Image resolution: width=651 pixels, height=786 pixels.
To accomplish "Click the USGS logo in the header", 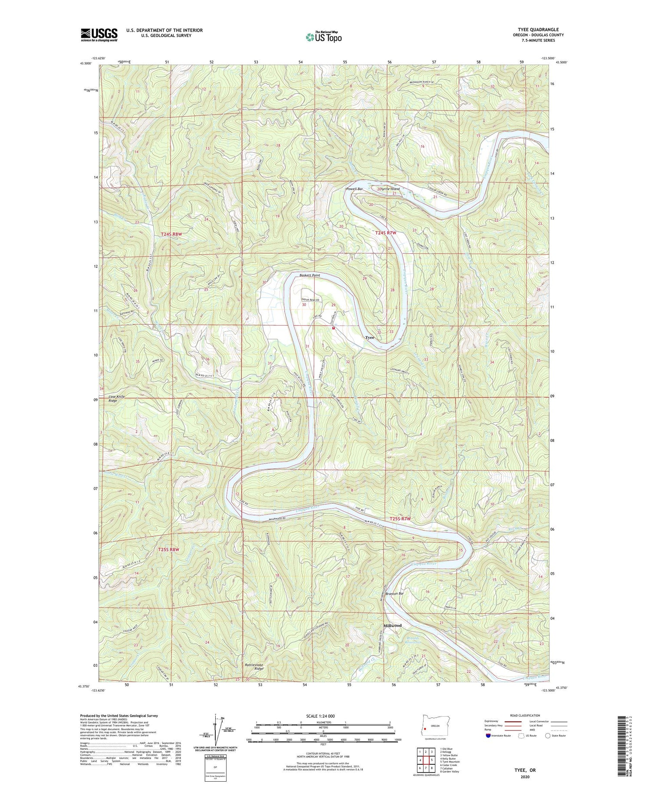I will pos(99,35).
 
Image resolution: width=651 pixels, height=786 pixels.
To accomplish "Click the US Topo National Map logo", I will pos(323,36).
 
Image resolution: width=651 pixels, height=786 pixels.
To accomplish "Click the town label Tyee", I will pos(369,337).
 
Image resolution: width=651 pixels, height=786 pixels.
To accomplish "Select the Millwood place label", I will pos(392,626).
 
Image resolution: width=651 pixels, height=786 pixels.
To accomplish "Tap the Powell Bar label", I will pos(354,189).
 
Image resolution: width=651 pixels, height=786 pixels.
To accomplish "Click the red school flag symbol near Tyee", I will pos(333,328).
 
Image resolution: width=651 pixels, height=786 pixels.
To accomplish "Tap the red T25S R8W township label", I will pos(168,550).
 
